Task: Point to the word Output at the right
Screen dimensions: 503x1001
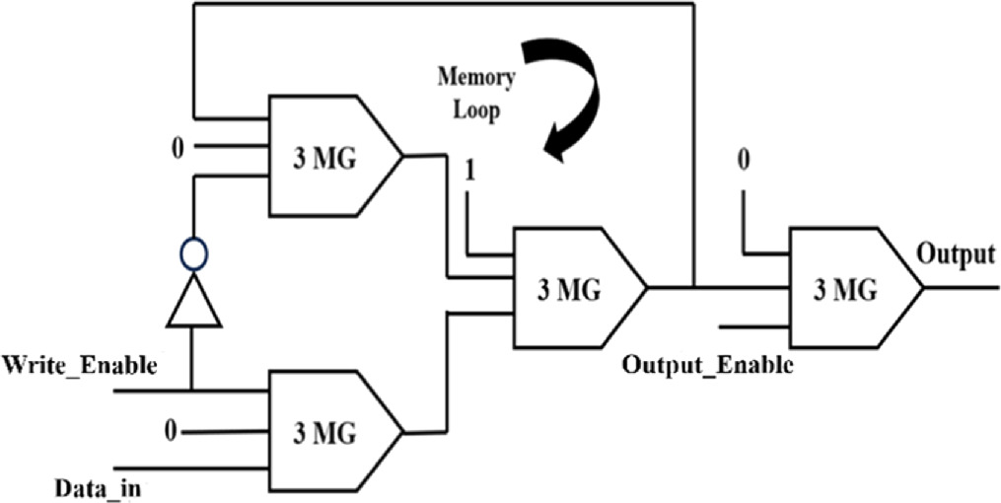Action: point(956,254)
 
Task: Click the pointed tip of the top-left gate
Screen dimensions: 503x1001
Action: point(402,155)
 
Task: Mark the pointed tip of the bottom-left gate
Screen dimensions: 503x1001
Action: point(402,431)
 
